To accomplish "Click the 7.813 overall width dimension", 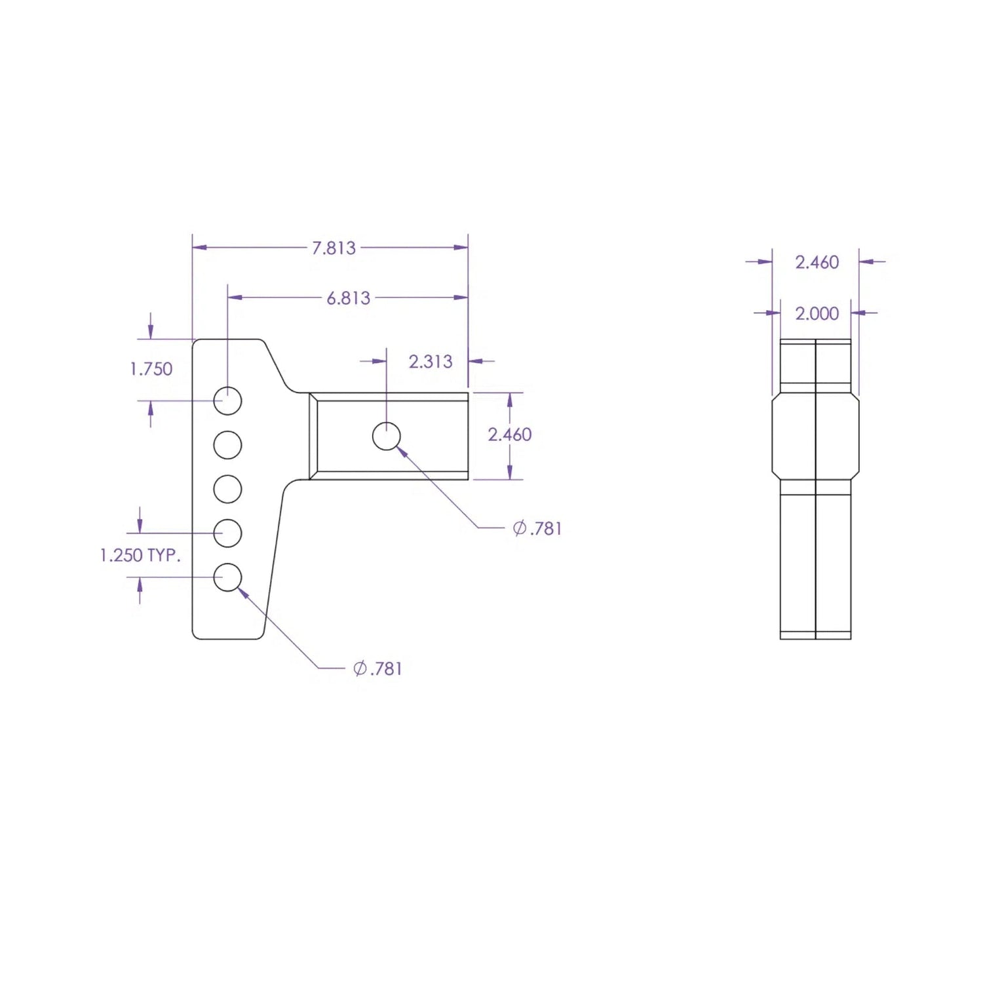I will point(334,248).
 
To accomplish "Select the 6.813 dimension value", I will point(349,298).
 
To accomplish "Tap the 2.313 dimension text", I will point(431,362).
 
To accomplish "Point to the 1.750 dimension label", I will point(151,369).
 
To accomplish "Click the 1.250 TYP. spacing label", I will point(140,555).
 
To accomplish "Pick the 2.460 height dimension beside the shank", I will point(510,434).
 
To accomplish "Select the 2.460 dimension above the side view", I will point(817,262).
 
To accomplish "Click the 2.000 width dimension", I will point(817,314).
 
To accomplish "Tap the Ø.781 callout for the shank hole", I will point(537,528).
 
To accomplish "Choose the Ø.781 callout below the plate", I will point(377,668).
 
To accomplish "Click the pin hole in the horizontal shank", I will point(387,436).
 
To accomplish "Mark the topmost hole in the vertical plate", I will point(227,400).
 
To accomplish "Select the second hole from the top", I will point(227,445).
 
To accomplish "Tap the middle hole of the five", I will point(227,489).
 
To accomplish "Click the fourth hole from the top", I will point(227,533).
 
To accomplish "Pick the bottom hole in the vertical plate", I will point(227,577).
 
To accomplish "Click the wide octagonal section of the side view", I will point(815,436).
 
